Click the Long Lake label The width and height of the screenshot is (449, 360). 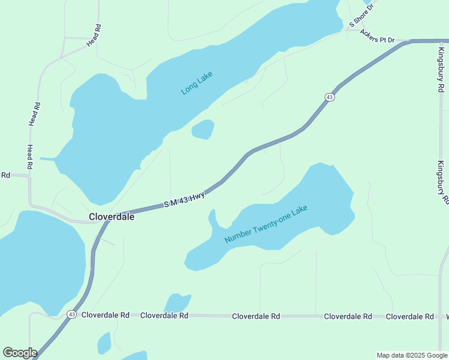click(197, 82)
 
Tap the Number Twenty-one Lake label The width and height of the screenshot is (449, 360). click(265, 224)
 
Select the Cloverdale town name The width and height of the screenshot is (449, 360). click(112, 217)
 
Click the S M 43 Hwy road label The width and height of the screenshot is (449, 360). click(184, 200)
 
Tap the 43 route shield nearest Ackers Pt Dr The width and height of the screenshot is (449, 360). click(330, 97)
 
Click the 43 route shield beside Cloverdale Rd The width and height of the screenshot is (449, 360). click(71, 314)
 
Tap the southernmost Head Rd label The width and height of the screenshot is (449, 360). click(29, 157)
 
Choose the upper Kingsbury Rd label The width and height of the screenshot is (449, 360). click(441, 71)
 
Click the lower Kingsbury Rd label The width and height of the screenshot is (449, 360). click(443, 183)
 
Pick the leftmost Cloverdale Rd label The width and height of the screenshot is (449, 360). click(106, 315)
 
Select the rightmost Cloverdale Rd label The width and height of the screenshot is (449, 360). click(409, 316)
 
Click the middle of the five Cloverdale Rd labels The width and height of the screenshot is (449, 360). click(256, 316)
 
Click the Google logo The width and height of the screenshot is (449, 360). click(20, 353)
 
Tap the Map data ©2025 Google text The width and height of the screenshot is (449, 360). click(412, 355)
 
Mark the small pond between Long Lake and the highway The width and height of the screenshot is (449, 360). click(203, 129)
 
